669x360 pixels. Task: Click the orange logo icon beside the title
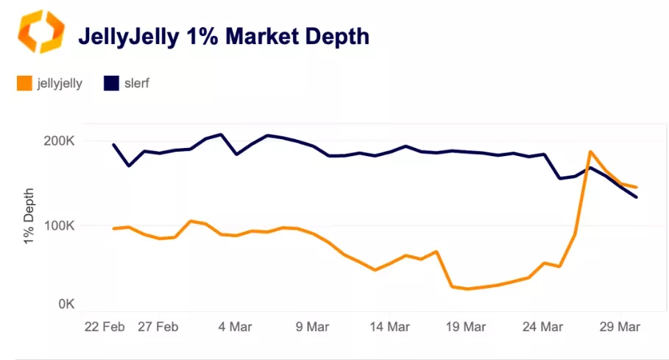[x=41, y=32]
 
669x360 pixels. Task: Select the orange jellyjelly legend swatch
[x=24, y=83]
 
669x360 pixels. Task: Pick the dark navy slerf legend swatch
[x=111, y=83]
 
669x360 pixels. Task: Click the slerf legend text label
[x=137, y=83]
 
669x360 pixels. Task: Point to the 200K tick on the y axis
[x=57, y=141]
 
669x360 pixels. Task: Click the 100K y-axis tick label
[x=57, y=225]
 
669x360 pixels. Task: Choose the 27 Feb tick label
[x=158, y=326]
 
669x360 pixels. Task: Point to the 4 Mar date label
[x=233, y=326]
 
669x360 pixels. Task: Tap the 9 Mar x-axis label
[x=312, y=326]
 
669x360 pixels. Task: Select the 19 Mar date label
[x=467, y=326]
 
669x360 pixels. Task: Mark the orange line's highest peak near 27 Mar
[x=590, y=152]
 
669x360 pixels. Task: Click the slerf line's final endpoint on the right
[x=637, y=197]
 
